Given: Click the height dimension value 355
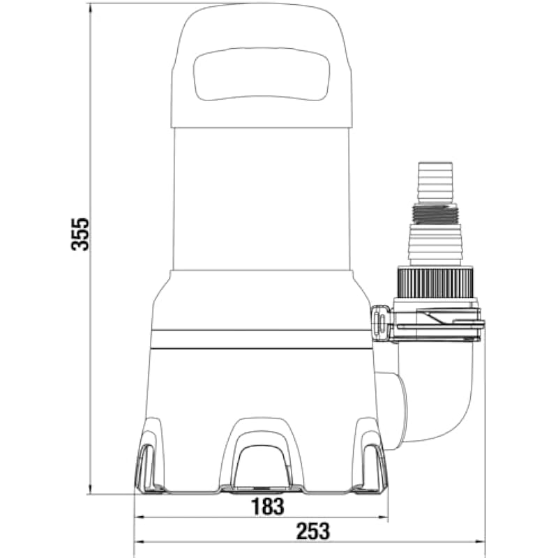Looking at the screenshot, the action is [80, 234].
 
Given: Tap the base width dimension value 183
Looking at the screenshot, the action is [268, 506].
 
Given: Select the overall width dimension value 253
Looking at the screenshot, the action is [313, 531].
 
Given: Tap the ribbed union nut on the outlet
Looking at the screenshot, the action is [435, 284].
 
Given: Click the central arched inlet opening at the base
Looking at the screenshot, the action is [262, 465].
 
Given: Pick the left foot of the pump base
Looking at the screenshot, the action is [149, 459].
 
